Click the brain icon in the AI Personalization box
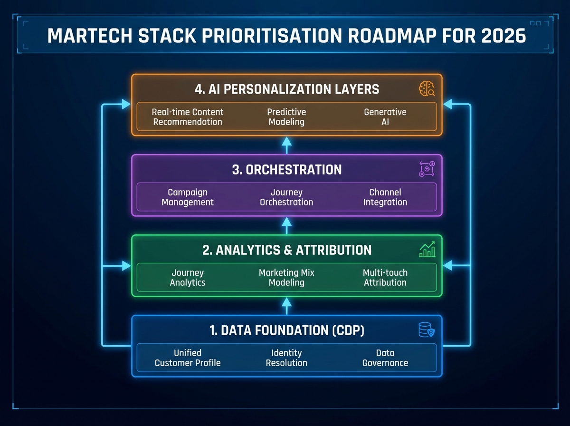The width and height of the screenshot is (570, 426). (427, 89)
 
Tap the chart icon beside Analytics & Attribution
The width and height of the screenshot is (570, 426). (427, 250)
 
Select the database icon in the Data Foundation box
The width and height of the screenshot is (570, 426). (426, 330)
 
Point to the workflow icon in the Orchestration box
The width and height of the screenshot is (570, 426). (427, 169)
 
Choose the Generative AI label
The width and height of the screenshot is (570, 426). (385, 117)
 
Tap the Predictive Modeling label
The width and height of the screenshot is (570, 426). (286, 117)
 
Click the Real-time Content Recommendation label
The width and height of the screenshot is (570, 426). (188, 117)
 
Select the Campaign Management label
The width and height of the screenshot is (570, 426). (188, 197)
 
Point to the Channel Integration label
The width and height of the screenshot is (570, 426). (385, 197)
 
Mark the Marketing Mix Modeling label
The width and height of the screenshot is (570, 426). (286, 278)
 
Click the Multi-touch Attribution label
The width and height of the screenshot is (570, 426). (385, 278)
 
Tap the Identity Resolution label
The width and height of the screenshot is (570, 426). (286, 358)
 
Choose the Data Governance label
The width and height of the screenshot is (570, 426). (385, 358)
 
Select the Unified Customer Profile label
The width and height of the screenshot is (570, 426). (188, 358)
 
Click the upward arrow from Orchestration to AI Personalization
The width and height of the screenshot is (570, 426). (286, 145)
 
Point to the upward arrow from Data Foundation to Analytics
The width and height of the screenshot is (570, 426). (286, 306)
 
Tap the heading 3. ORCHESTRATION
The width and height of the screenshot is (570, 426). (286, 170)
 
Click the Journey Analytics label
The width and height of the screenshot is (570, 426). (188, 278)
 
